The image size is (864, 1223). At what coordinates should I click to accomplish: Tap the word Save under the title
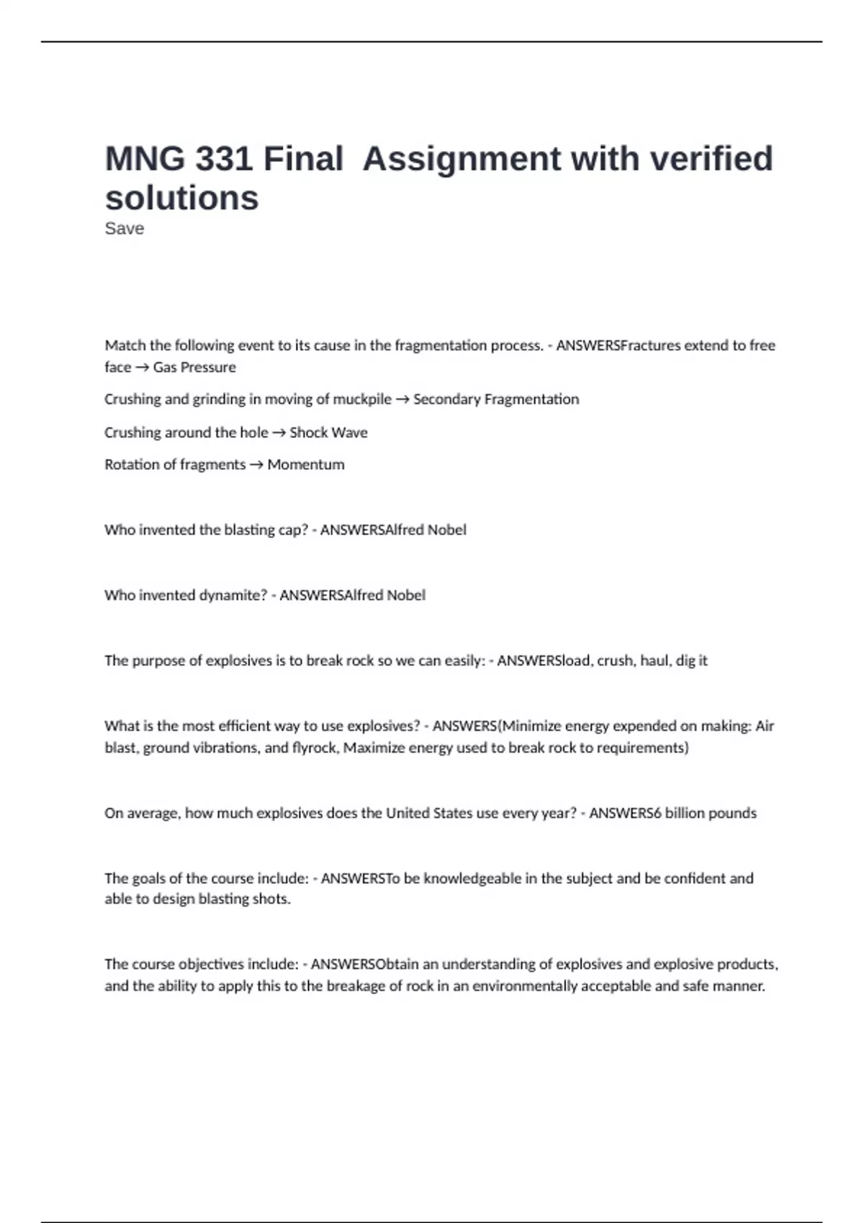tap(124, 229)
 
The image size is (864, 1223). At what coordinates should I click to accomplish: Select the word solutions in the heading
tap(181, 198)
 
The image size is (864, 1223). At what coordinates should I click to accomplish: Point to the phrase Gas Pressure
tap(194, 367)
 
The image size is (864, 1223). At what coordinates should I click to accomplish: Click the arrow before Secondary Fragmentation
tap(402, 399)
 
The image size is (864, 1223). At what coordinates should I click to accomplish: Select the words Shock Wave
tap(328, 432)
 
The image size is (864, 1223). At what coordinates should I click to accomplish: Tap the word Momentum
tap(306, 465)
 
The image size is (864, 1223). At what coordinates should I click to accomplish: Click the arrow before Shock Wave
tap(279, 432)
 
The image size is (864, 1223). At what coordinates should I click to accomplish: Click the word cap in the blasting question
tap(294, 530)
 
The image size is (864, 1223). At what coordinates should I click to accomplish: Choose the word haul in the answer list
tap(654, 660)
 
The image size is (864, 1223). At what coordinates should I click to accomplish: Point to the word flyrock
tap(315, 747)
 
